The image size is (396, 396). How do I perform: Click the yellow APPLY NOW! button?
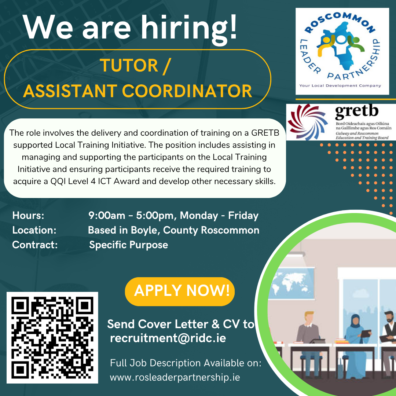tap(180, 291)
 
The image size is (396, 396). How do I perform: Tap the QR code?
tap(52, 337)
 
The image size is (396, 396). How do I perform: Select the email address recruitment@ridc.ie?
tap(168, 338)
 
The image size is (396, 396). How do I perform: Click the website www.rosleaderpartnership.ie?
tap(175, 377)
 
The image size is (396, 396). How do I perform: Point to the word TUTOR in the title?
tap(129, 65)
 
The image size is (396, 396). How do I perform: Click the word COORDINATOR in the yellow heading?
tap(187, 91)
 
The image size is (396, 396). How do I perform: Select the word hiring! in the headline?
tap(189, 28)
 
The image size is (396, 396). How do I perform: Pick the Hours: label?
tap(28, 216)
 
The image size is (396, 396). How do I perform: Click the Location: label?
tap(34, 230)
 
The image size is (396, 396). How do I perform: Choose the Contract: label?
tap(35, 245)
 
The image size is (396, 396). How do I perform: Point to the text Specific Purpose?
tap(129, 245)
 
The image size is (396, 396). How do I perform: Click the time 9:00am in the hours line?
tap(107, 216)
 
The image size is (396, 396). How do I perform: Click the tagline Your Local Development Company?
tap(340, 85)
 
